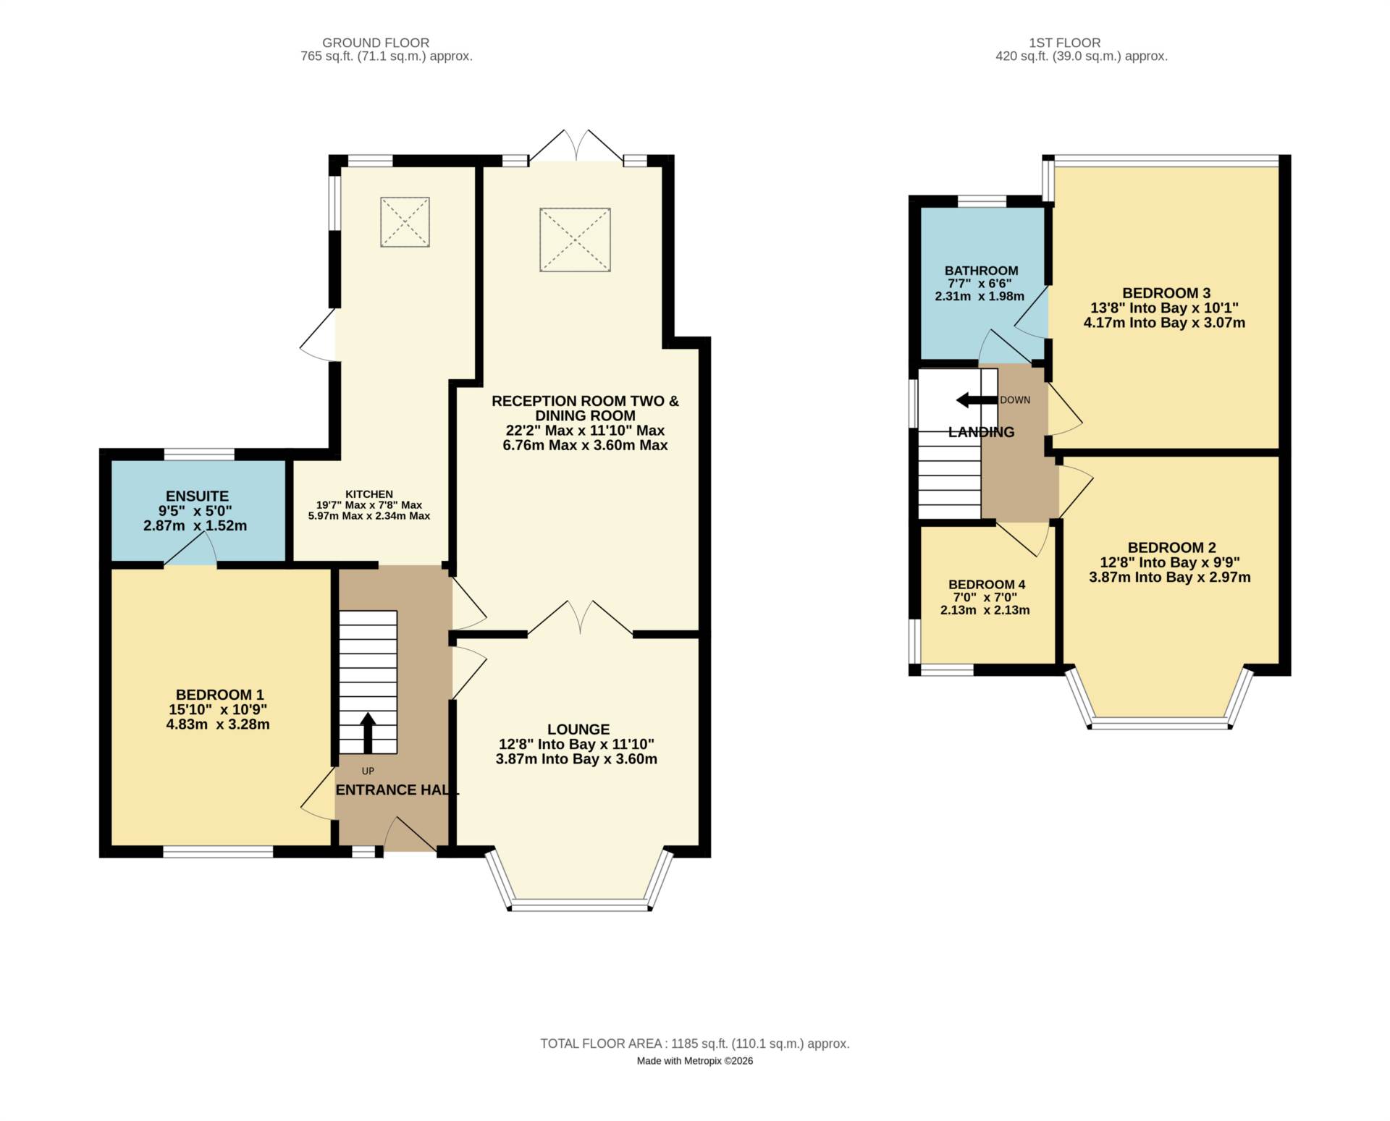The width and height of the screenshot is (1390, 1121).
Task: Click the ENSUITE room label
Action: tap(197, 496)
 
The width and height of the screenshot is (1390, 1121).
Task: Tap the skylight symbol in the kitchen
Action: tap(405, 221)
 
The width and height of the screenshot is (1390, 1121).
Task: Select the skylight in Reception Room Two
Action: tap(575, 240)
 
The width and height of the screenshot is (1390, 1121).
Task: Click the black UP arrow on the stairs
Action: tap(368, 733)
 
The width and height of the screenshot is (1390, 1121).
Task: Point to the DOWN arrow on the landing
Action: tap(977, 400)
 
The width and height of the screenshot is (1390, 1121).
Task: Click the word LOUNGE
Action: tap(578, 729)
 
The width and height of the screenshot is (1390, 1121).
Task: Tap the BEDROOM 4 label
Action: tap(987, 585)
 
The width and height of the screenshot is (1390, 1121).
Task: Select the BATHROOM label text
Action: tap(981, 271)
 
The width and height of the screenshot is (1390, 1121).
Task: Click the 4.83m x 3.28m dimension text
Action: tap(218, 724)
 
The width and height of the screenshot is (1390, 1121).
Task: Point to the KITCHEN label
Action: tap(369, 494)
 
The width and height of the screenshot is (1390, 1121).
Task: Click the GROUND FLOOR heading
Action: tap(376, 43)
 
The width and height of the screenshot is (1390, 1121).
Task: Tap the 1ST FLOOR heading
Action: tap(1064, 43)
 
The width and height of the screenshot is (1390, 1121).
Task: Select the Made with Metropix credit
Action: tap(695, 1061)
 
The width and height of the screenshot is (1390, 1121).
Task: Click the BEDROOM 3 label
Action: tap(1166, 293)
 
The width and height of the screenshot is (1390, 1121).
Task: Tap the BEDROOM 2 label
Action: tap(1171, 548)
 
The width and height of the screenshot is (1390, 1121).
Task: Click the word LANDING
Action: tap(981, 432)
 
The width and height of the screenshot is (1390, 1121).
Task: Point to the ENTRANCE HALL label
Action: tap(397, 790)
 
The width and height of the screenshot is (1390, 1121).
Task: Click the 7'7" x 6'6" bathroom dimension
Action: tap(980, 284)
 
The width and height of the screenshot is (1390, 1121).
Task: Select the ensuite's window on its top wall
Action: tap(199, 454)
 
